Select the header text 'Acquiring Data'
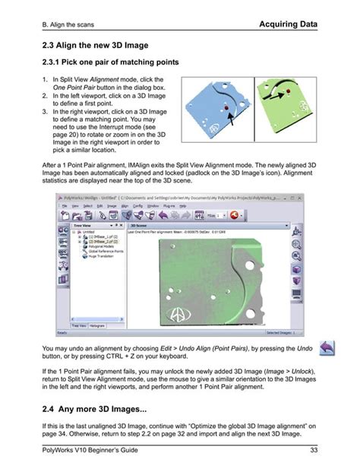pyautogui.click(x=289, y=25)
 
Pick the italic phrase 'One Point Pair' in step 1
pyautogui.click(x=76, y=87)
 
